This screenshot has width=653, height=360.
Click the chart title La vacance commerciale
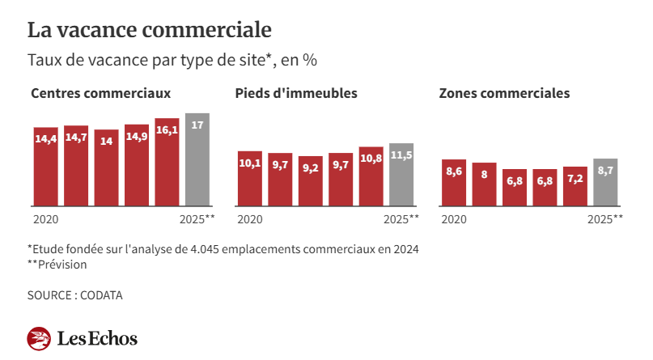tap(150, 30)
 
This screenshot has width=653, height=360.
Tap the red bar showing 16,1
tap(167, 162)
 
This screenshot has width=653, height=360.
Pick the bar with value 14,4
tap(45, 166)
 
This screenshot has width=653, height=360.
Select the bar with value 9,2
tap(311, 180)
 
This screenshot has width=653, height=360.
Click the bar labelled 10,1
tap(250, 178)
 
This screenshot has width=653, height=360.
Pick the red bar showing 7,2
tap(575, 186)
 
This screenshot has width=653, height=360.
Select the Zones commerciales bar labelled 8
tap(484, 184)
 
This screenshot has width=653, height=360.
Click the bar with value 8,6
tap(454, 183)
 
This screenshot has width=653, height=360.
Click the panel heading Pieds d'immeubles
tap(296, 93)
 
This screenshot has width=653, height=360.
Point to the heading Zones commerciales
tap(504, 93)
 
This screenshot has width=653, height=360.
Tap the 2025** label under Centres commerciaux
tap(197, 219)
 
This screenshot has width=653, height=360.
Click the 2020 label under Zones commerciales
tap(453, 219)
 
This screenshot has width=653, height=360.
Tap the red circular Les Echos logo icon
tap(40, 338)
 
